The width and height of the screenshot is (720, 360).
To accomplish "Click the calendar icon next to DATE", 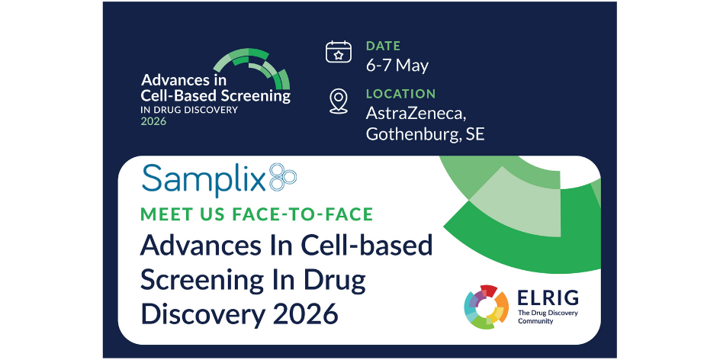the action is click(339, 51).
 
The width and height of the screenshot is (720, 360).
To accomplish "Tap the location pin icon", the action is click(339, 101).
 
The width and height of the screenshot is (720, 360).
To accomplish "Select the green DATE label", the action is click(384, 46).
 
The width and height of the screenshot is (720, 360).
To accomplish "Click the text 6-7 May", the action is click(397, 65).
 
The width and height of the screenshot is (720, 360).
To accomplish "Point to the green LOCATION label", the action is click(400, 94).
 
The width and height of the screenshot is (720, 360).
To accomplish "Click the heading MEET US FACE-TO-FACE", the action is click(257, 214).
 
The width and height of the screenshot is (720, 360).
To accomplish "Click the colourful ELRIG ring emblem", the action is click(487, 307).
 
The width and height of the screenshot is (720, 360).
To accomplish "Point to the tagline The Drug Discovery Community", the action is click(548, 317).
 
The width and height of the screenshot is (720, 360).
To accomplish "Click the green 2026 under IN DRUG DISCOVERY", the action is click(153, 122).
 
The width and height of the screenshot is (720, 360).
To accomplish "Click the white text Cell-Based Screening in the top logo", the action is click(215, 95).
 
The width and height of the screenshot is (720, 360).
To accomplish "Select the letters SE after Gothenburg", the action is click(475, 134).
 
